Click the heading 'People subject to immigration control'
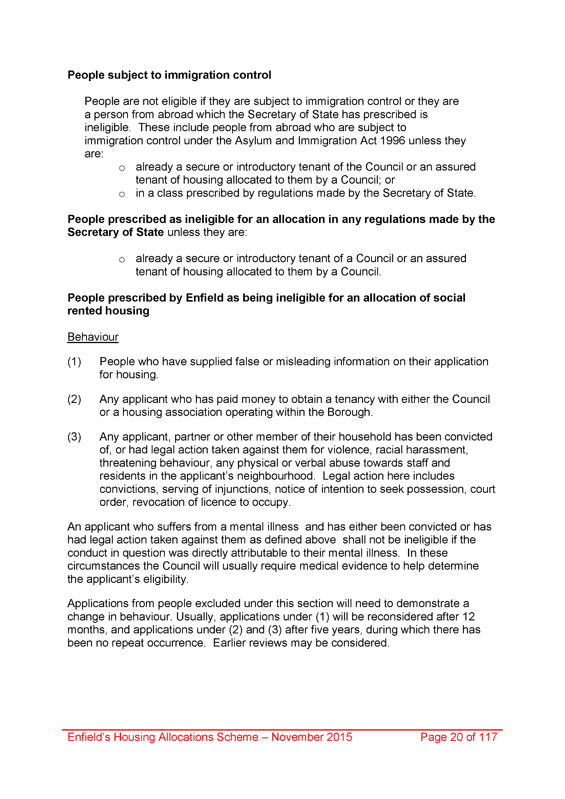(x=169, y=75)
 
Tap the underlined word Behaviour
(x=93, y=337)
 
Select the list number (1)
(x=74, y=362)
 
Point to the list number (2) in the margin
(x=74, y=399)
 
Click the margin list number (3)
(x=74, y=437)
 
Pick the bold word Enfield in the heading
(x=205, y=298)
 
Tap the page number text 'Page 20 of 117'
(x=459, y=737)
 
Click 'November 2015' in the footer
(x=312, y=737)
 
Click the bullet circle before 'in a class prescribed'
(x=122, y=194)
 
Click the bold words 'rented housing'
(x=108, y=311)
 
